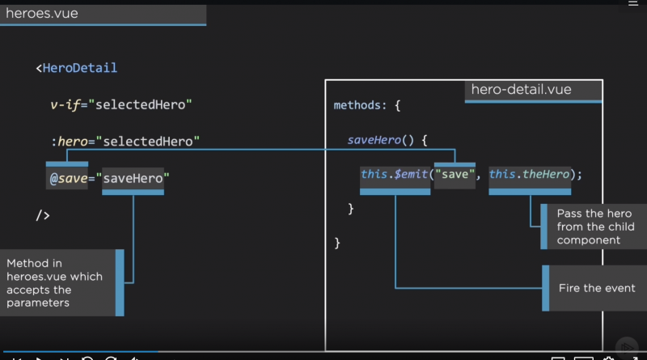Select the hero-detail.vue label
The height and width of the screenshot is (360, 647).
(x=521, y=90)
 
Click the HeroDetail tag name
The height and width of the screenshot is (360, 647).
(x=80, y=68)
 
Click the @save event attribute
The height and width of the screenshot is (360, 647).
(x=68, y=178)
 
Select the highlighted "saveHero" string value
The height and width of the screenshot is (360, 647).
(x=133, y=178)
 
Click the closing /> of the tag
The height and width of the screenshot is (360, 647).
(x=43, y=214)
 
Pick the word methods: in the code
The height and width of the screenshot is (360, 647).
(x=362, y=106)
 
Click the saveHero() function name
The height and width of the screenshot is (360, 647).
(x=374, y=140)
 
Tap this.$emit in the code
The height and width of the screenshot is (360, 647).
(x=395, y=174)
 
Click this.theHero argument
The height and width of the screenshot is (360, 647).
(x=529, y=174)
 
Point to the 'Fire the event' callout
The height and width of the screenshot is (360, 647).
(x=596, y=288)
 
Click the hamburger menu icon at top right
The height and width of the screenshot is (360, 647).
(x=633, y=3)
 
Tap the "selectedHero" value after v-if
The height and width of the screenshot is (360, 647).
(x=150, y=105)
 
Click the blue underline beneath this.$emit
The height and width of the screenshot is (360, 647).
(x=395, y=192)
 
